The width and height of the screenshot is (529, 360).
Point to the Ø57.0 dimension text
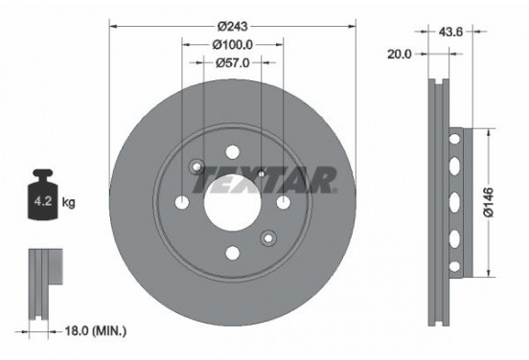tap(232, 64)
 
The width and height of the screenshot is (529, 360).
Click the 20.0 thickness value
tap(400, 55)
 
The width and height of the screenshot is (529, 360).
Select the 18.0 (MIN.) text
tap(92, 330)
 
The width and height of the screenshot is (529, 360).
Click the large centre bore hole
tap(232, 202)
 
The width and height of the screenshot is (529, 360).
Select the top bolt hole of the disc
tap(232, 151)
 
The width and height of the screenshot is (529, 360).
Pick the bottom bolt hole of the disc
tap(232, 254)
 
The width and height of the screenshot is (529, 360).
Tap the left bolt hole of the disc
tap(181, 202)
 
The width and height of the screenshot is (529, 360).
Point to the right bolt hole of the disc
tap(284, 202)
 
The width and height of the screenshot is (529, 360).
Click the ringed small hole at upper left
tap(197, 166)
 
